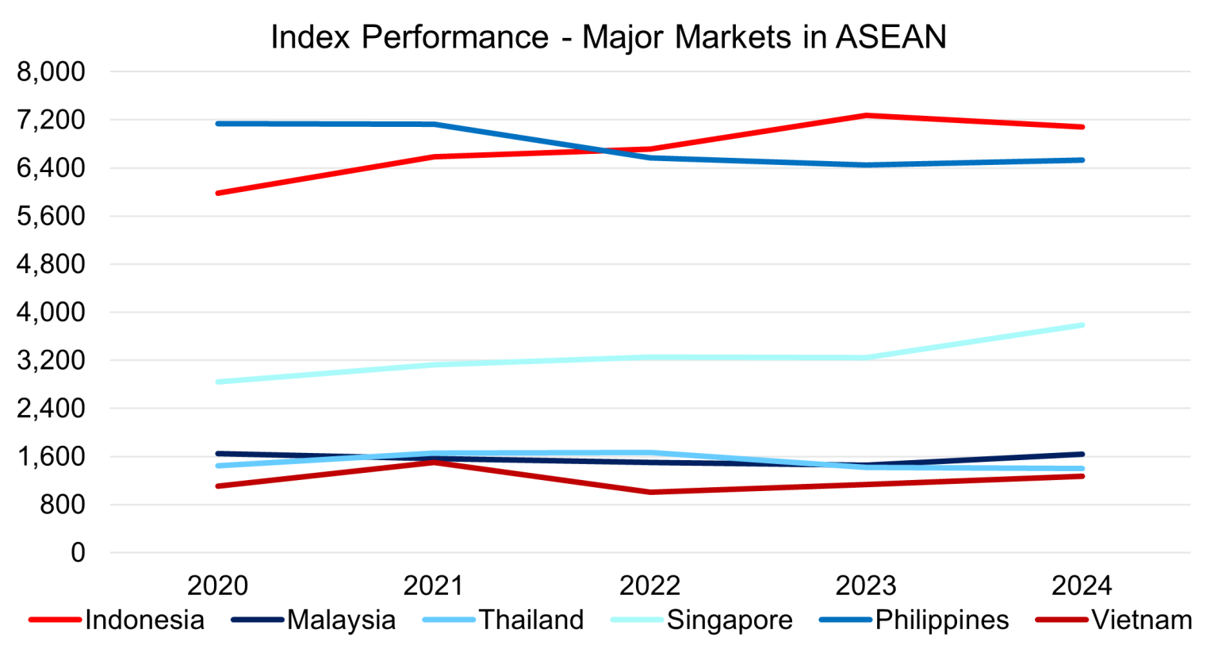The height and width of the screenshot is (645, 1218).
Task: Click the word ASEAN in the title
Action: pos(891,37)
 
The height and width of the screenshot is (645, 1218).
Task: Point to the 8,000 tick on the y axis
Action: pos(51,71)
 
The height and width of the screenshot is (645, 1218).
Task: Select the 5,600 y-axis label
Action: pos(51,216)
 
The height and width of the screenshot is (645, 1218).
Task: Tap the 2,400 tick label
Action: pos(51,409)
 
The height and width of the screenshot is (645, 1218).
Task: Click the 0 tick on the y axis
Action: pos(77,553)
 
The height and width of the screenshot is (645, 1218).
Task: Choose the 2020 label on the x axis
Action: pos(217,586)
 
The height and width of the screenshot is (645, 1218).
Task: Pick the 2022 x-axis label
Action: pos(649,586)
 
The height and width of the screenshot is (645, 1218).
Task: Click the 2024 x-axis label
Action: pos(1082,586)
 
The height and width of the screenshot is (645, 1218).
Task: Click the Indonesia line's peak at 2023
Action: pos(866,116)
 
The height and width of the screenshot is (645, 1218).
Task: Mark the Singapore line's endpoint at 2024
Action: pos(1082,325)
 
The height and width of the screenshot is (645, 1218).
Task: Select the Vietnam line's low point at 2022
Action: pos(650,492)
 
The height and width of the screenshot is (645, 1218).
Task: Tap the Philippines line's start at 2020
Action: pos(218,124)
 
